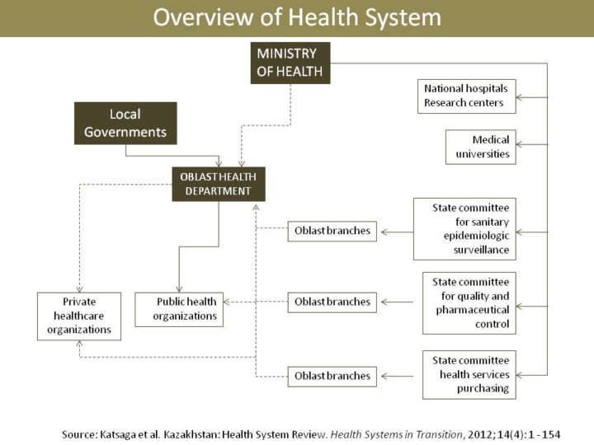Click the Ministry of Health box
(x=290, y=63)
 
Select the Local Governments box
(x=125, y=123)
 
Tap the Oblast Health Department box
(x=219, y=184)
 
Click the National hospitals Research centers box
(x=466, y=96)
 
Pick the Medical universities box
(x=481, y=147)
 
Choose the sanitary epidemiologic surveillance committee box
(x=464, y=228)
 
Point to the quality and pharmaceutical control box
(x=469, y=303)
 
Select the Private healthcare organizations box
(x=78, y=316)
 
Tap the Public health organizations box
(x=179, y=309)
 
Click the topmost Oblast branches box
(x=332, y=231)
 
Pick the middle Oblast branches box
(x=332, y=302)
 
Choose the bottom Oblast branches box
(x=332, y=377)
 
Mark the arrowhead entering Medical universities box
(x=520, y=147)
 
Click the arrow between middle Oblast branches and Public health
(x=256, y=302)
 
